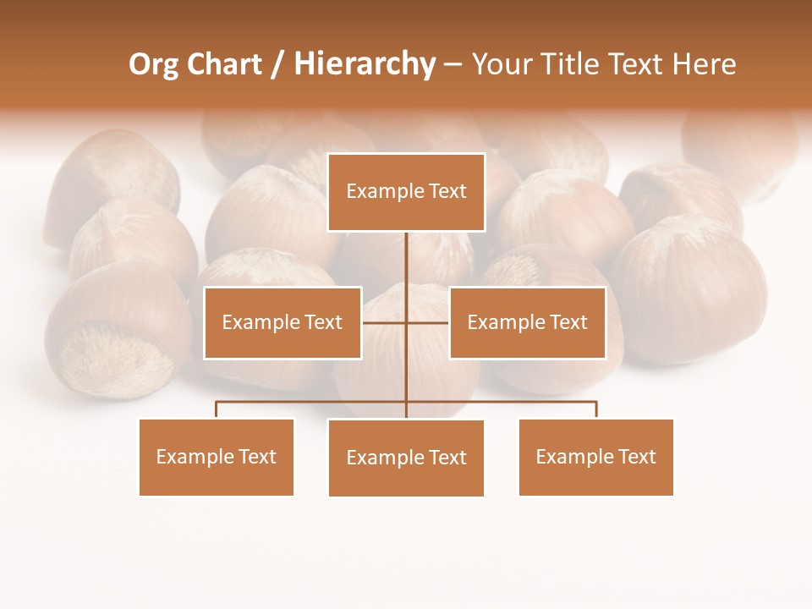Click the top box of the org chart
tap(406, 192)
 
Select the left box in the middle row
tap(283, 322)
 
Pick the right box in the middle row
tap(528, 322)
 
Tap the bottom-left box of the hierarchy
tap(217, 457)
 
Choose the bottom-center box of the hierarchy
tap(406, 458)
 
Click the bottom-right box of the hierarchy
tap(596, 457)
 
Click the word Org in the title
tap(153, 65)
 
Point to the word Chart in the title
tap(224, 64)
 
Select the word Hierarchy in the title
tap(365, 64)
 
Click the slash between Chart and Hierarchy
tap(277, 65)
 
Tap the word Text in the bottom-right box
tap(637, 457)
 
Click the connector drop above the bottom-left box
tap(217, 409)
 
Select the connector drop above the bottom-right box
tap(596, 409)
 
